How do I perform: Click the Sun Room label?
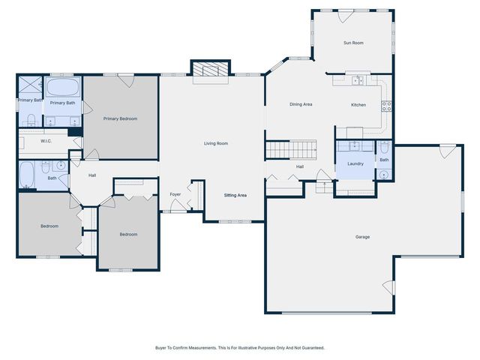tap(353, 43)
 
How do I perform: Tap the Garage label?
tap(362, 237)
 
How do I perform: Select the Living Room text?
tap(216, 143)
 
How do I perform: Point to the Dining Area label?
tap(301, 104)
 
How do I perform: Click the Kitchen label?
tap(358, 105)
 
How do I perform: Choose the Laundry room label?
tap(355, 163)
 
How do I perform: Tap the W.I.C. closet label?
tap(46, 141)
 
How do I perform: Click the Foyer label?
tap(175, 194)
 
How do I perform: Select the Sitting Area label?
tap(235, 195)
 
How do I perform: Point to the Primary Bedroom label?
tap(120, 118)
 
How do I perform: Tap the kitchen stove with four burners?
tap(386, 106)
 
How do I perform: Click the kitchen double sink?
tap(358, 80)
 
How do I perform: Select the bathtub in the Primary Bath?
tap(63, 88)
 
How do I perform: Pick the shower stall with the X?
tap(30, 85)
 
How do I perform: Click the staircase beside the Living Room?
tap(291, 149)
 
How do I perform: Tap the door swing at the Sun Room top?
tap(345, 16)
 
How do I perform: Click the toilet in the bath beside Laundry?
tap(384, 148)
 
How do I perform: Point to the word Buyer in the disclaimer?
tap(160, 348)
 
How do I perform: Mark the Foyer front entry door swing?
tap(177, 205)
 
